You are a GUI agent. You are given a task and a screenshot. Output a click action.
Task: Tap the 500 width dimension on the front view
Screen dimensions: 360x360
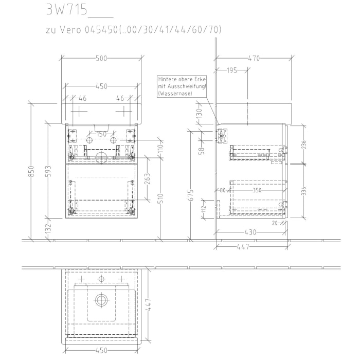coord(101,58)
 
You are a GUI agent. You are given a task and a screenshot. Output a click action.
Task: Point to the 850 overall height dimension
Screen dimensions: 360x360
coord(31,171)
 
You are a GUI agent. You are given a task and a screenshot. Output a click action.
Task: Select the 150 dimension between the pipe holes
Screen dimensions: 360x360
coord(101,134)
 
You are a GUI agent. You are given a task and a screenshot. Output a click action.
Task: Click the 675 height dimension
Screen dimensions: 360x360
coord(191,194)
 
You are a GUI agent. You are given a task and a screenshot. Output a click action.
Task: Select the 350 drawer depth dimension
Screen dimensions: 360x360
coord(257,190)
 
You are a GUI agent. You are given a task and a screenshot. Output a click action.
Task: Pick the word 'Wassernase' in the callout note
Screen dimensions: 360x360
coord(176,94)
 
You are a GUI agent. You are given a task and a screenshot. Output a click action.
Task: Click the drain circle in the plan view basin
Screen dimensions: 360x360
coord(101,299)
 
